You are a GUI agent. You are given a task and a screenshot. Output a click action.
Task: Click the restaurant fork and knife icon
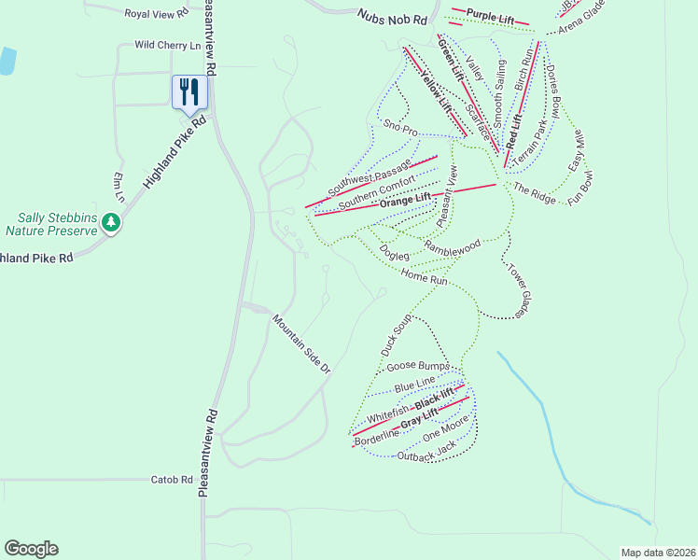[189, 91]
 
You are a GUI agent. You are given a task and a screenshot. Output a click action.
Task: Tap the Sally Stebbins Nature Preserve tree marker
[111, 223]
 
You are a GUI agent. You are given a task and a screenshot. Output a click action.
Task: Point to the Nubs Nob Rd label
[392, 16]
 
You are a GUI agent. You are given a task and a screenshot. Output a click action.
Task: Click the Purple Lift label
[491, 16]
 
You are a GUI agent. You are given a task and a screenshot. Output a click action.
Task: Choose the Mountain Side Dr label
[301, 343]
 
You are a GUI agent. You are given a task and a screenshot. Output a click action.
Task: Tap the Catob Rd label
[172, 480]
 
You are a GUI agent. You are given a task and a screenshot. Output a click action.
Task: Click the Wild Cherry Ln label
[168, 44]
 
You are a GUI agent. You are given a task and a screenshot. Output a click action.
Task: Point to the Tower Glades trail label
[518, 289]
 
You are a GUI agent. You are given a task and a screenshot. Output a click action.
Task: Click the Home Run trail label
[426, 276]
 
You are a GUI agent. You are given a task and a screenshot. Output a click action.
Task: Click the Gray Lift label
[419, 421]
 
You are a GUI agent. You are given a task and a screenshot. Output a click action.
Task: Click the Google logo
[31, 549]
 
